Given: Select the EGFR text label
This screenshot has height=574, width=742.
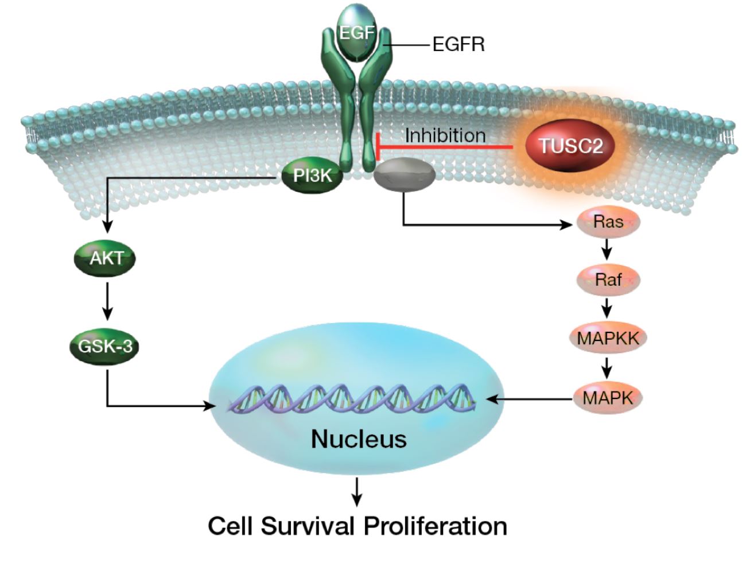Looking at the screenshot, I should (458, 44).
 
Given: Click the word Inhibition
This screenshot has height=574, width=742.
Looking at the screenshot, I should (445, 135).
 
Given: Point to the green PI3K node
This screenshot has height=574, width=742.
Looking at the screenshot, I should (312, 176).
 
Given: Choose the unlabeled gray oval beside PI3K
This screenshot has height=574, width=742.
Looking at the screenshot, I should (404, 174).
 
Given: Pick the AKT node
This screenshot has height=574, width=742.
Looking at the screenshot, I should (106, 258).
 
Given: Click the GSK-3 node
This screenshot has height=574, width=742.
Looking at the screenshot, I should (105, 346).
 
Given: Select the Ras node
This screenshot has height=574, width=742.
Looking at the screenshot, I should (608, 222).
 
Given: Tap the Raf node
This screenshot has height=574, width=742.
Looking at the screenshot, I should (608, 280).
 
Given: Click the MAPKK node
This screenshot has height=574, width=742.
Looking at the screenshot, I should (608, 338).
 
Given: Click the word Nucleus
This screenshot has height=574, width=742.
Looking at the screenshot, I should (359, 439).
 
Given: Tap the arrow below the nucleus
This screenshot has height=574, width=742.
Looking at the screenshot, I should (358, 491).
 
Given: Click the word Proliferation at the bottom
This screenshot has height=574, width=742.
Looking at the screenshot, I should (435, 526).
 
